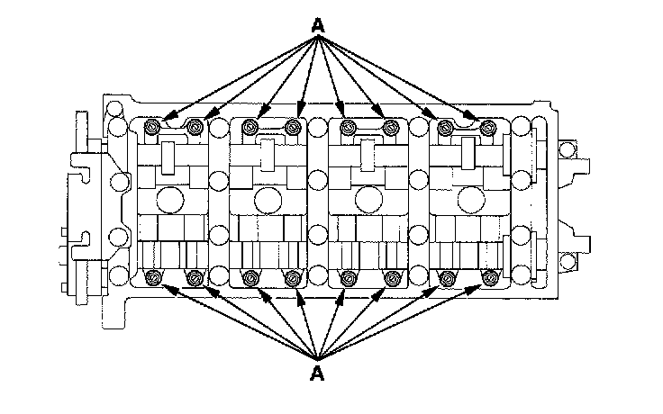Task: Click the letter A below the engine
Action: (316, 371)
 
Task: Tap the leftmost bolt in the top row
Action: (153, 127)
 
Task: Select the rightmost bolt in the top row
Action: (487, 127)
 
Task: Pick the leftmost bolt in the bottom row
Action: (154, 276)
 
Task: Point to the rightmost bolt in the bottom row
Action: (488, 276)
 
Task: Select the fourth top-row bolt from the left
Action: (292, 127)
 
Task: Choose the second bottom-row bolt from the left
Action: (195, 276)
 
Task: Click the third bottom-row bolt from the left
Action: (253, 276)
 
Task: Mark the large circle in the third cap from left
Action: (367, 199)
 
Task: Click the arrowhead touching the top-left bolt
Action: (162, 120)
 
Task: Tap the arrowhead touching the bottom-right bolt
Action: (480, 285)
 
